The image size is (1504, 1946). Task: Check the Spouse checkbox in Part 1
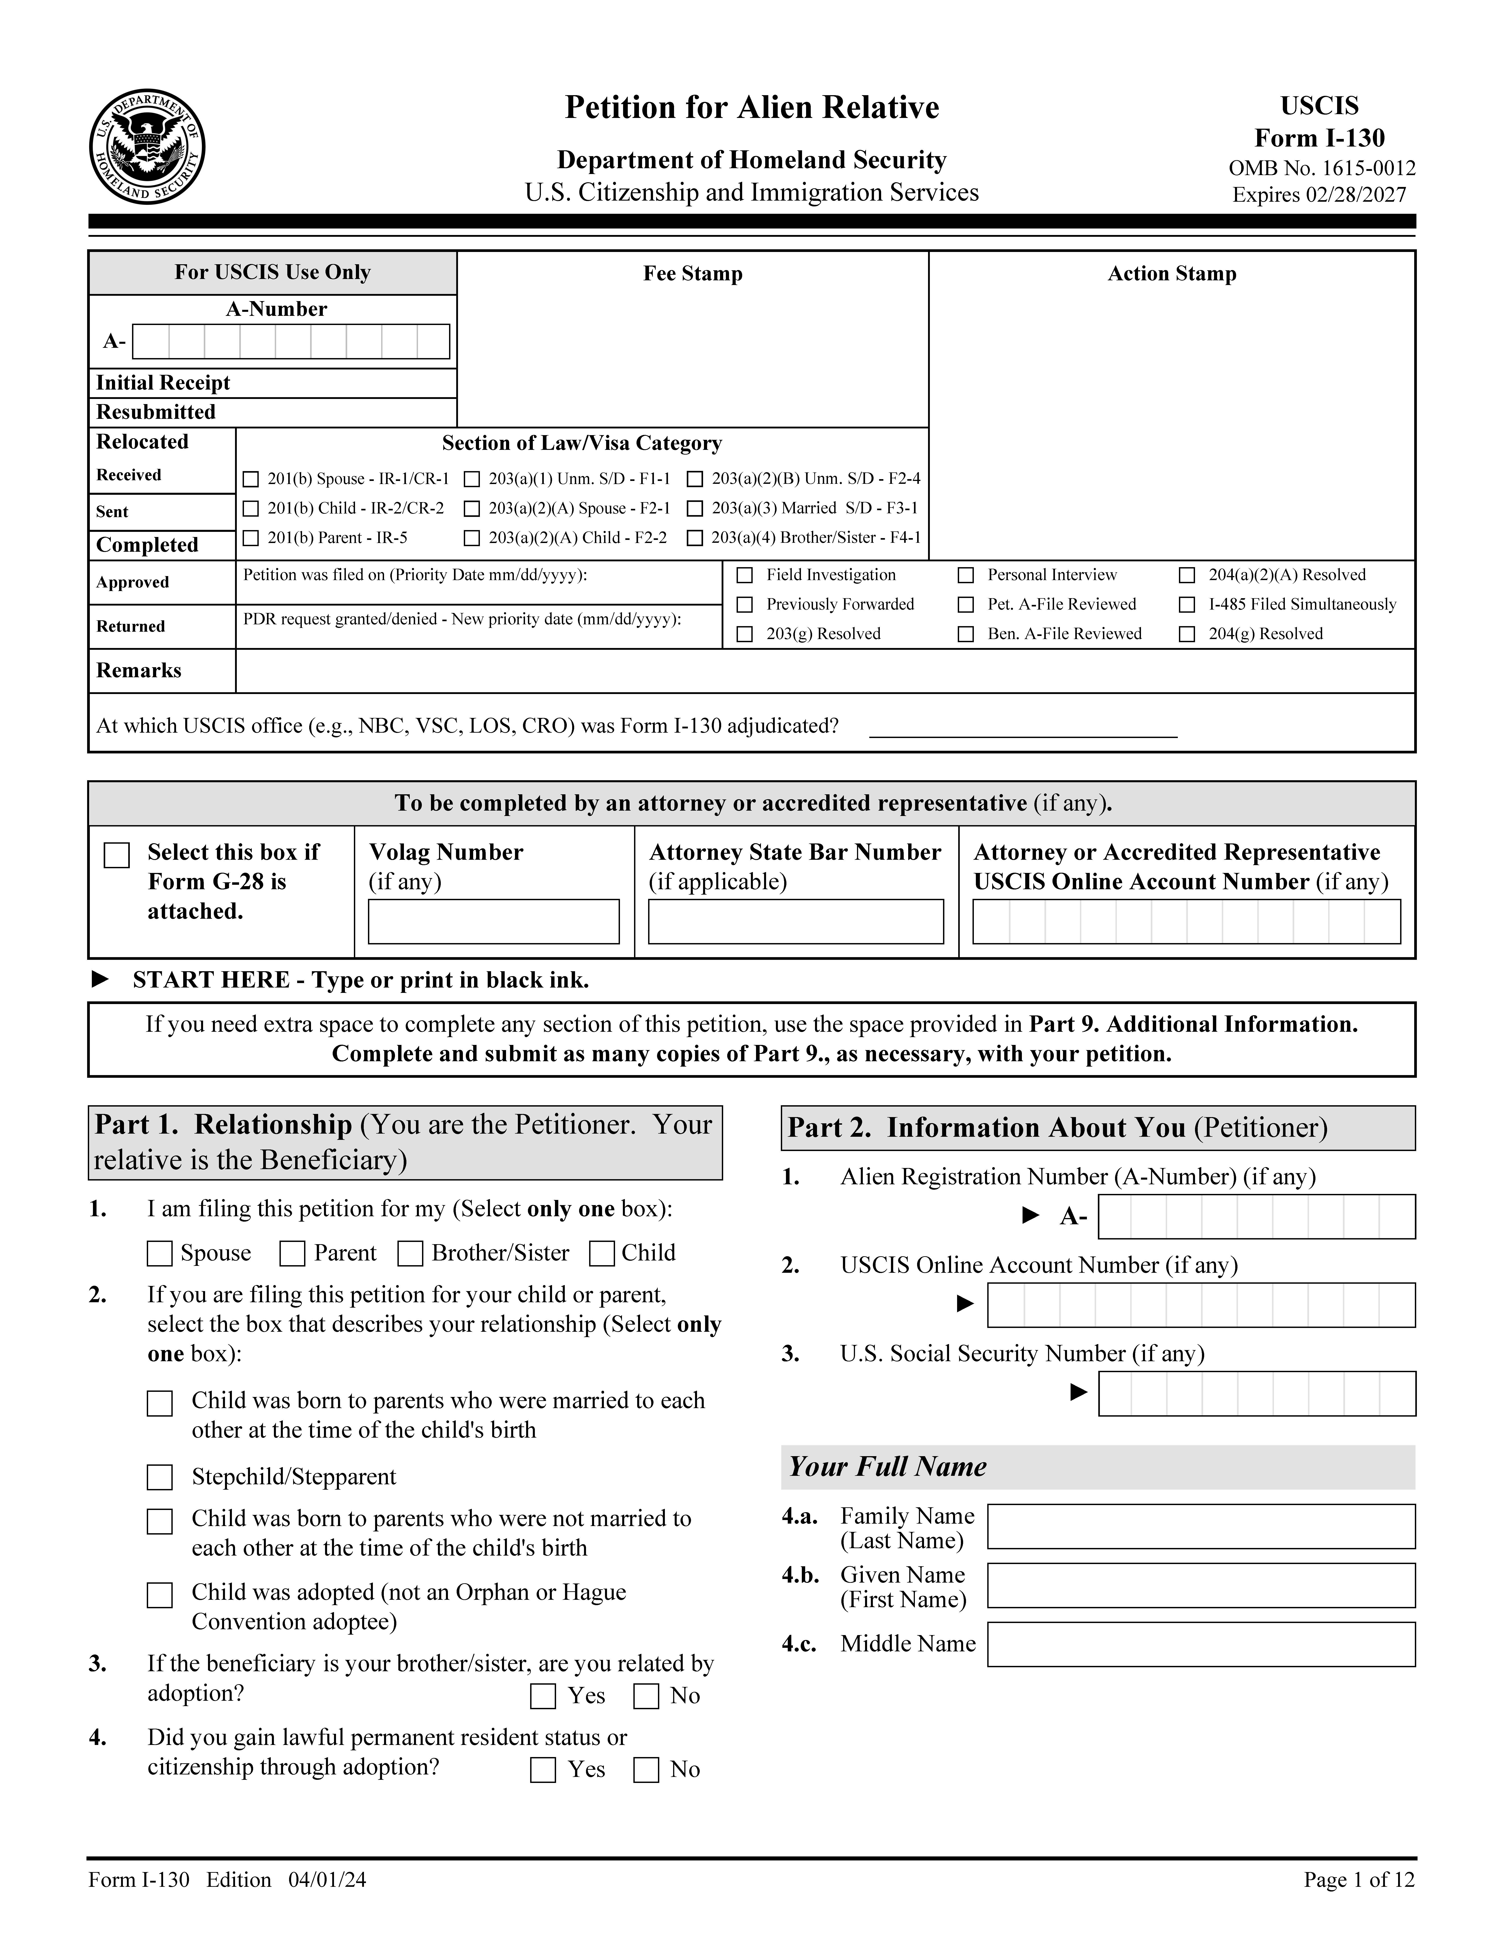(x=160, y=1254)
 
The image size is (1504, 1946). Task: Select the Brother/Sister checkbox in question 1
(x=410, y=1254)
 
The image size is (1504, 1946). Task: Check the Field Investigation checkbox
(x=745, y=576)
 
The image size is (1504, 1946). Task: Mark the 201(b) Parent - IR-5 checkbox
(x=251, y=538)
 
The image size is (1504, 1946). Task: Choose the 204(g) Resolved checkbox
(x=1187, y=634)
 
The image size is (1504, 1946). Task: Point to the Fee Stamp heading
(x=692, y=274)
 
